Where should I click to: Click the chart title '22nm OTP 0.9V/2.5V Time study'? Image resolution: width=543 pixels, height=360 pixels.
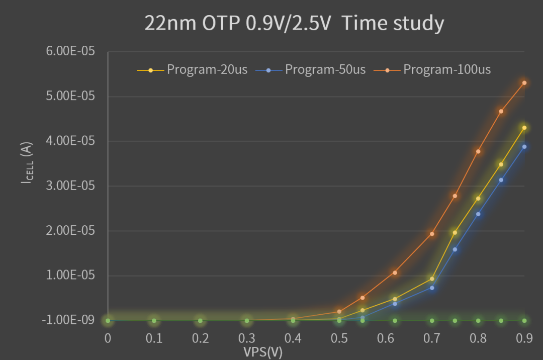294,23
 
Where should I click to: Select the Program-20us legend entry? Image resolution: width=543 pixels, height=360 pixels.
207,69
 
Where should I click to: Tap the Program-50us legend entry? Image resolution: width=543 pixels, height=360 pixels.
325,69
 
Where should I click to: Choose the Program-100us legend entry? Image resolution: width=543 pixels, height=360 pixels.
446,69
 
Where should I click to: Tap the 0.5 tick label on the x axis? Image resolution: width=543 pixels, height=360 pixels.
339,338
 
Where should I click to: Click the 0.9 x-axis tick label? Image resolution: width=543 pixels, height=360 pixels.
524,338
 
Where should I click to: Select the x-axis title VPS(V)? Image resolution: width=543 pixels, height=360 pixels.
263,352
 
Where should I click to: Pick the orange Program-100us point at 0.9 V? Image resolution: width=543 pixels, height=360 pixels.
524,83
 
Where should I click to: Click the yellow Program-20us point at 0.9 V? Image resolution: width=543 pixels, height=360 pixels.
524,128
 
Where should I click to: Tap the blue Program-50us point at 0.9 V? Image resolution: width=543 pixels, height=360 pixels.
524,147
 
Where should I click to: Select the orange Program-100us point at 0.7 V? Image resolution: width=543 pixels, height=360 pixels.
432,234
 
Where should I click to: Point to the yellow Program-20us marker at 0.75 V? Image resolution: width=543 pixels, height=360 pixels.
455,232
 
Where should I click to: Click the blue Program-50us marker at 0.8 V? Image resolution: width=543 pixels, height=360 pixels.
478,214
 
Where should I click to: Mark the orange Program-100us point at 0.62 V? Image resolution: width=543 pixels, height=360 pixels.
395,273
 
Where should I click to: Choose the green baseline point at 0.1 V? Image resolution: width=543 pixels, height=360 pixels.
154,320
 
